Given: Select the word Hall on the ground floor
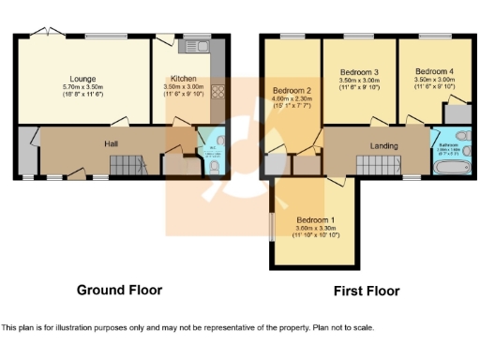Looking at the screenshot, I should tap(110, 143).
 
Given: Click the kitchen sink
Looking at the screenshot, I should tap(198, 45).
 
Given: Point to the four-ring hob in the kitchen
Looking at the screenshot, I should tap(219, 92).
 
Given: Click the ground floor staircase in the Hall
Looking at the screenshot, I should tap(124, 166).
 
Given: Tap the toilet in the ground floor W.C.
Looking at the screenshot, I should tap(215, 167).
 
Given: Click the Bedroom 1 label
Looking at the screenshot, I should tap(314, 220).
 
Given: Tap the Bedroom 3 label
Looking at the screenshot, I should tap(359, 72).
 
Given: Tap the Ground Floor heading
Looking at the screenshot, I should tap(119, 290).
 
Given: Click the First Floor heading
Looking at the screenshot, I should tap(367, 291).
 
